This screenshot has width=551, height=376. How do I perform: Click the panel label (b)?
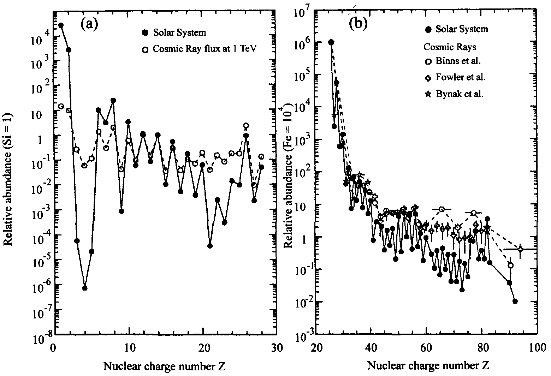click(x=358, y=24)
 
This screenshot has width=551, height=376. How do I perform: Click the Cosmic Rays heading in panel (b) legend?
click(x=446, y=47)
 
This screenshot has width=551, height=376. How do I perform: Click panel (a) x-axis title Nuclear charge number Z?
click(x=165, y=366)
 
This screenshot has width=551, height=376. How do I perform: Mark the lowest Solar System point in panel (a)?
click(x=85, y=288)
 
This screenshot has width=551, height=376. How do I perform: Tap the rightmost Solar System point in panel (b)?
click(x=515, y=301)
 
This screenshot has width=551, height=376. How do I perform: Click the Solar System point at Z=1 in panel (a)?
click(x=61, y=25)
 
